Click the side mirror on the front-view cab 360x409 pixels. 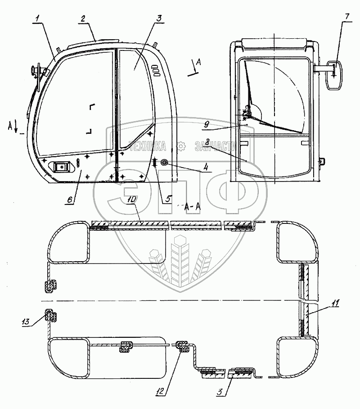[x=334, y=76]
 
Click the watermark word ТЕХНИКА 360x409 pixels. [x=147, y=146]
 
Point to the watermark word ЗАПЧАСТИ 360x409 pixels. [x=216, y=146]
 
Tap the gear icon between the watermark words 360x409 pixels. [x=180, y=146]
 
